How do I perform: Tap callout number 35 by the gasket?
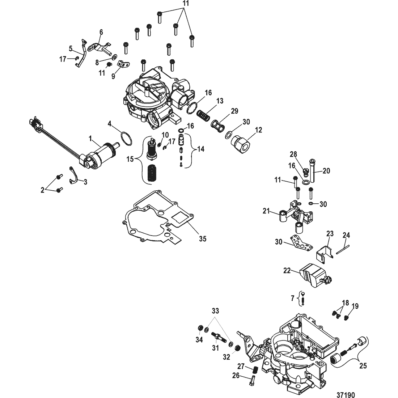coord(203,238)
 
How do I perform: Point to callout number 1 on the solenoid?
coord(90,138)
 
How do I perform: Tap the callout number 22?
coord(287,271)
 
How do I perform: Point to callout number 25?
coord(363,365)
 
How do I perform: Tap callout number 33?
coord(215,311)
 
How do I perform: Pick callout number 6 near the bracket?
coord(101,32)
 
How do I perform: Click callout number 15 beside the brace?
coord(130,159)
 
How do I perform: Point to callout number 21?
coord(266,211)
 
